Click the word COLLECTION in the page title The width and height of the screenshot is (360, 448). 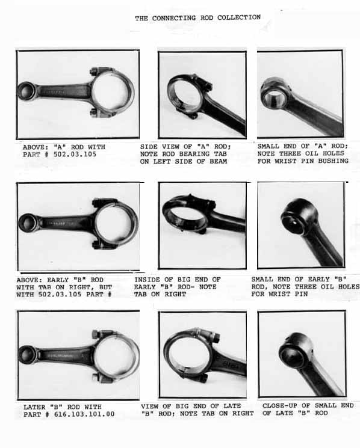pos(239,17)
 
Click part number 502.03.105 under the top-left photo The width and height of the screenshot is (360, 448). pos(75,155)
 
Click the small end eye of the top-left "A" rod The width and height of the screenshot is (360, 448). pos(26,91)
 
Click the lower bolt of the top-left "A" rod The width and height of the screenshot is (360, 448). pos(97,112)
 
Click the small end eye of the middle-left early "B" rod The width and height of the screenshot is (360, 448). pos(28,223)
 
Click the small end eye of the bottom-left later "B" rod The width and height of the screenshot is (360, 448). pos(28,355)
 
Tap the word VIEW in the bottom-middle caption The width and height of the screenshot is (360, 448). pos(149,406)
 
